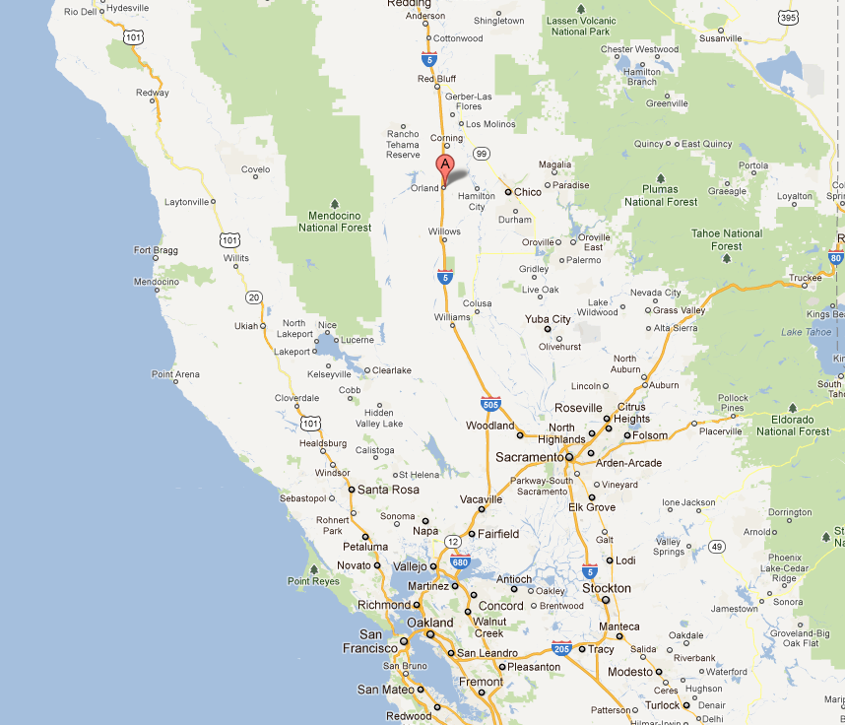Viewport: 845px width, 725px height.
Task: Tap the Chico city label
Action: [x=528, y=192]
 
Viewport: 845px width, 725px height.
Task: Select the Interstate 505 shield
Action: [x=490, y=404]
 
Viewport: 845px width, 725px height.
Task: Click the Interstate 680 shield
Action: [x=460, y=561]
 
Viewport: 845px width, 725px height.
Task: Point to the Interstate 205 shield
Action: [x=561, y=648]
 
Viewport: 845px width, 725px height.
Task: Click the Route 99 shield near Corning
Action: [x=482, y=153]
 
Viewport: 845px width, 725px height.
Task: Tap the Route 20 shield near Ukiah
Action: [x=254, y=297]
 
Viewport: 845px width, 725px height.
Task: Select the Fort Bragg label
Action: [x=156, y=250]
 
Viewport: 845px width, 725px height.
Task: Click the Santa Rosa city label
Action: [x=388, y=490]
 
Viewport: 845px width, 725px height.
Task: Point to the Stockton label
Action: [x=606, y=588]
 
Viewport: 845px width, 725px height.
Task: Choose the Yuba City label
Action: [x=549, y=319]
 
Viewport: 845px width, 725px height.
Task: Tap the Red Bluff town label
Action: [x=438, y=79]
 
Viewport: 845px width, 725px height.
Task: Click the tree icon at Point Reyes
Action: [x=313, y=568]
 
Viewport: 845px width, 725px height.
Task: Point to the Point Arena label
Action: [x=175, y=374]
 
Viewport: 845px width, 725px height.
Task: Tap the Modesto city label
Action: [x=629, y=672]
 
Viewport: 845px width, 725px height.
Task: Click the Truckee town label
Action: [x=804, y=278]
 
